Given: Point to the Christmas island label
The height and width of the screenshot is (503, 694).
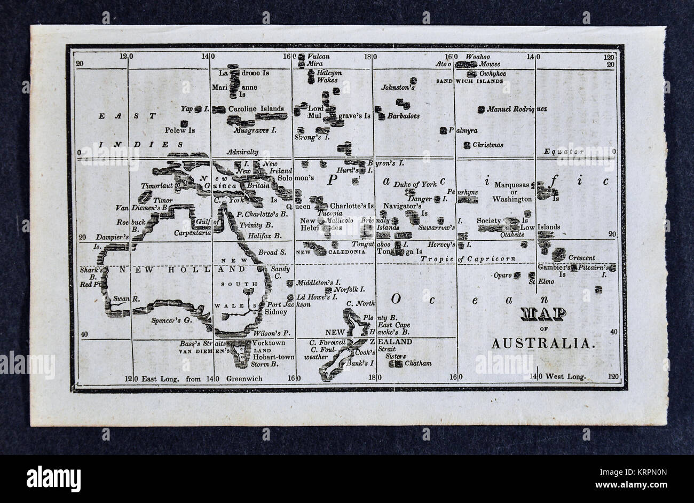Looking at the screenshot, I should coord(487,145).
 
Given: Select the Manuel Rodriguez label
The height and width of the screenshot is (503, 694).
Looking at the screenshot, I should coord(516,109).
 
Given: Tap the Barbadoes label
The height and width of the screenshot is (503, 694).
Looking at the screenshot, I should coord(403,115).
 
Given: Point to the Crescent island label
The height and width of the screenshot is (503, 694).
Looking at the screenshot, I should coord(581,257).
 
